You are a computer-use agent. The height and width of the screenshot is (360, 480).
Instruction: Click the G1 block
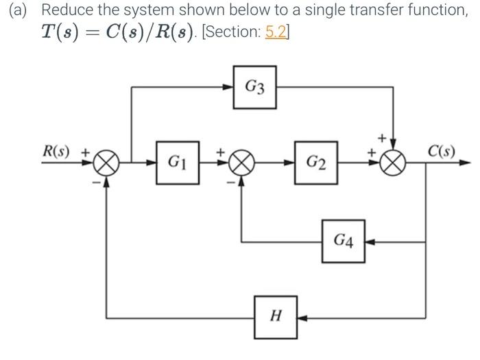(x=178, y=163)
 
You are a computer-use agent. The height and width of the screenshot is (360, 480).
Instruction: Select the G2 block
(x=316, y=163)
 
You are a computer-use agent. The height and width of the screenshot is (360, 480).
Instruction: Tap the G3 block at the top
(x=255, y=87)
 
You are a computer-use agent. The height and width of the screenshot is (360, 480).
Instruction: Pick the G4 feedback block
(x=343, y=241)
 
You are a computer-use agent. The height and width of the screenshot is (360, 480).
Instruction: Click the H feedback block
(x=276, y=317)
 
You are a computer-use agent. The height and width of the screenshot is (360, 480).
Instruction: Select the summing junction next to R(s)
(x=106, y=163)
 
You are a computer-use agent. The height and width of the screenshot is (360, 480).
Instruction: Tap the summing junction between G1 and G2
(x=241, y=163)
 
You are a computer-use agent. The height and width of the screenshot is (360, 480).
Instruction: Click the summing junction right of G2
(x=393, y=163)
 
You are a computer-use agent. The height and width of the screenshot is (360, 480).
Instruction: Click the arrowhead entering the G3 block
(x=228, y=87)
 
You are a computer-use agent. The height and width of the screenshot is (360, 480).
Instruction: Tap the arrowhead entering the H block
(x=302, y=317)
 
